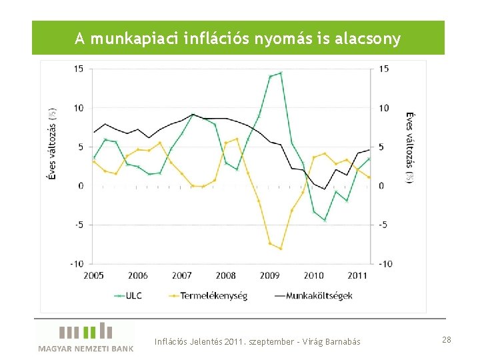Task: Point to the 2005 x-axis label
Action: point(93,275)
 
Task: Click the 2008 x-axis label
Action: point(226,275)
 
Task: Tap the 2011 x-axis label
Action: point(357,275)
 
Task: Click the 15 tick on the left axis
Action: point(78,69)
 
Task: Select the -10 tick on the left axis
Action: point(76,264)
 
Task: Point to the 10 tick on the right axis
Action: point(385,108)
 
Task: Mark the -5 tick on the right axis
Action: point(384,225)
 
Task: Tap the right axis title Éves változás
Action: point(411,147)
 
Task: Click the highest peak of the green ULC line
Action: point(280,73)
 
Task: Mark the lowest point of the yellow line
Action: point(281,248)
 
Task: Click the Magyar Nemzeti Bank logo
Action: point(85,337)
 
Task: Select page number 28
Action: point(446,340)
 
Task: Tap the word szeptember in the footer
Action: point(271,342)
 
